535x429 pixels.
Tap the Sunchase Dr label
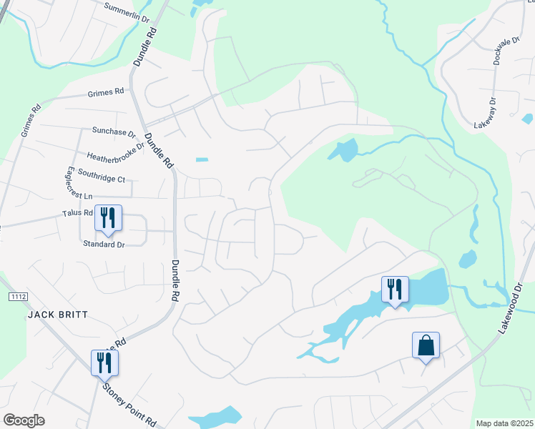click(x=114, y=132)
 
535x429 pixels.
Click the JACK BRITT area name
click(x=57, y=315)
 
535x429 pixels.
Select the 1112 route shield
click(x=18, y=296)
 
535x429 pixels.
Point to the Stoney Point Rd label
click(x=129, y=405)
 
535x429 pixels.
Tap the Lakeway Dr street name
click(x=490, y=112)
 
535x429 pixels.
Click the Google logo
click(x=24, y=420)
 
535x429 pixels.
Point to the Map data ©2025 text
click(x=505, y=423)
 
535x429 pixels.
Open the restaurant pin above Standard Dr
click(x=108, y=218)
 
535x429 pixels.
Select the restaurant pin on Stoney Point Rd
click(x=104, y=363)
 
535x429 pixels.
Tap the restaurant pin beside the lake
click(x=395, y=290)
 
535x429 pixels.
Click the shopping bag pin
click(x=426, y=345)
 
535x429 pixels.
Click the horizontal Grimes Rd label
click(x=106, y=93)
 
